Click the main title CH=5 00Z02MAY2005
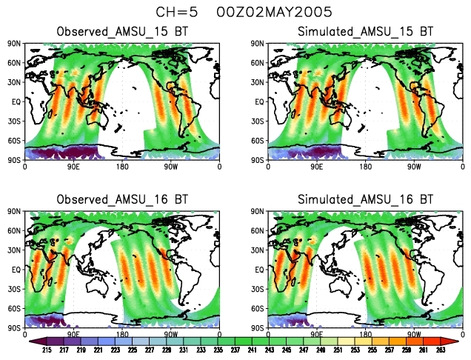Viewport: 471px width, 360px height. [233, 12]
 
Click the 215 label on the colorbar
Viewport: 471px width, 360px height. [46, 350]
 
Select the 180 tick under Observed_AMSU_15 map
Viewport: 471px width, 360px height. [123, 167]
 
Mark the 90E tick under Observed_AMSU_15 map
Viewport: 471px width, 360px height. [74, 167]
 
